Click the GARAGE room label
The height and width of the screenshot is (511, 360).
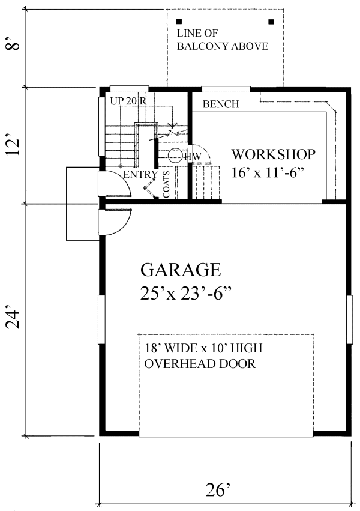click(181, 270)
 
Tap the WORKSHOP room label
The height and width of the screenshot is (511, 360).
click(274, 154)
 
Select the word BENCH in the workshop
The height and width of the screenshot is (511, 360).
click(221, 104)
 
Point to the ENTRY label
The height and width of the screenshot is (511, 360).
click(140, 175)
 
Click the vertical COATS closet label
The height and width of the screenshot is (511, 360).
click(166, 184)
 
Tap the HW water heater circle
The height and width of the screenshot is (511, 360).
click(175, 156)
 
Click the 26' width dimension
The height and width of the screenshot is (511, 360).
click(218, 489)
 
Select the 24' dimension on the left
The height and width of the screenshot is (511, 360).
click(14, 319)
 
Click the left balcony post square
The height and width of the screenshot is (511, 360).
click(179, 22)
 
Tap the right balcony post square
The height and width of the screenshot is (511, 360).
click(271, 22)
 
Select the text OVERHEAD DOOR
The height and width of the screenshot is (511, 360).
click(200, 364)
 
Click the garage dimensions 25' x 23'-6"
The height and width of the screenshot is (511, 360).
click(186, 293)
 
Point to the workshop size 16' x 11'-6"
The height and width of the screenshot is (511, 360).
click(268, 172)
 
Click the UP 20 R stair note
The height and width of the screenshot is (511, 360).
click(128, 101)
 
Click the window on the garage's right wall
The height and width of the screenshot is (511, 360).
click(350, 319)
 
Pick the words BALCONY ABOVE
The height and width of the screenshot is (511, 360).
click(223, 46)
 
